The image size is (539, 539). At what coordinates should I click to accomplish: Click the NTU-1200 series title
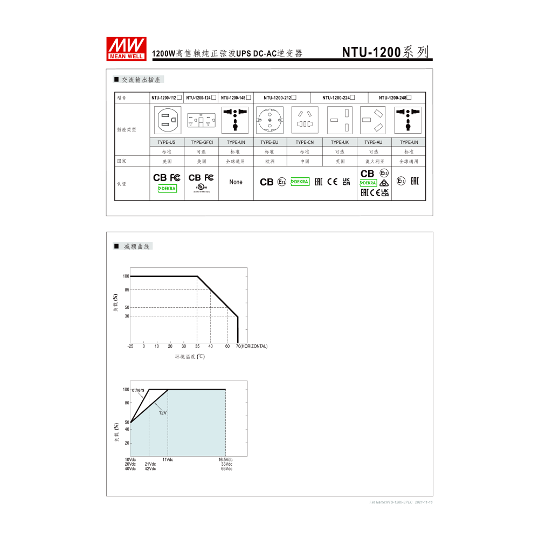click(386, 52)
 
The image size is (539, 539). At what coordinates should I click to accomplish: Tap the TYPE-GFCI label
click(201, 142)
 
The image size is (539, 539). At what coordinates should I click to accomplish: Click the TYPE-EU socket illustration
click(270, 120)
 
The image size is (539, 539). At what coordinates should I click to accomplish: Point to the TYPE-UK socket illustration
click(340, 120)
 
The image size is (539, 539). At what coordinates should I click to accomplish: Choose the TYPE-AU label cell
click(374, 142)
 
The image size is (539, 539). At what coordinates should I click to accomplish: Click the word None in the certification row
click(236, 182)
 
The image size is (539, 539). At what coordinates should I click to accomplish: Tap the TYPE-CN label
click(305, 142)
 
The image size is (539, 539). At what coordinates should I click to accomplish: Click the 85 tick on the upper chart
click(126, 290)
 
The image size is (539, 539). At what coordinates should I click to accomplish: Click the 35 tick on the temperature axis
click(197, 346)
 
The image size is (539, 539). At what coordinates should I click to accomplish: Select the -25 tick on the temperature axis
click(130, 346)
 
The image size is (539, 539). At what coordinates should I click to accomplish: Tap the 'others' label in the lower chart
click(138, 390)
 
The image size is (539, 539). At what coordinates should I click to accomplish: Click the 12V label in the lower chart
click(162, 412)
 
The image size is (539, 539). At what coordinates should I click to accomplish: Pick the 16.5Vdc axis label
click(225, 460)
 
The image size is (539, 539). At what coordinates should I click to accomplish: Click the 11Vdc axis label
click(168, 460)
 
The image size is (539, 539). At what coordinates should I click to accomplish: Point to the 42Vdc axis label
click(150, 469)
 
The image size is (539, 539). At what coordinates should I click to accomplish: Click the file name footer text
click(401, 502)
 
